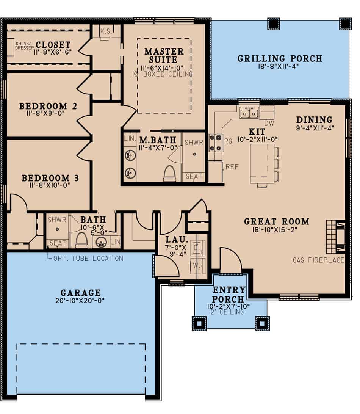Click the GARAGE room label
tap(81, 293)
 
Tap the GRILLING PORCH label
tap(280, 58)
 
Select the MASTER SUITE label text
tap(164, 55)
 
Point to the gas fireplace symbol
tap(336, 237)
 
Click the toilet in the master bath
tap(169, 173)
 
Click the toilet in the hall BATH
tap(81, 241)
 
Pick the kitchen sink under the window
tap(249, 113)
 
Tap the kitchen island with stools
tap(262, 164)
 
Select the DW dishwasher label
tap(269, 123)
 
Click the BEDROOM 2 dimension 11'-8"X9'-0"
tap(48, 113)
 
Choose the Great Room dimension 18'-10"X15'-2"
tap(276, 230)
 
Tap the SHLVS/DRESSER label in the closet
tap(25, 46)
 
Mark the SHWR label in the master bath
tap(194, 142)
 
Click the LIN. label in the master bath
tap(130, 139)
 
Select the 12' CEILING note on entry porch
tap(225, 312)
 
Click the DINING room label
tap(314, 120)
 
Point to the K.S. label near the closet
tap(106, 32)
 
